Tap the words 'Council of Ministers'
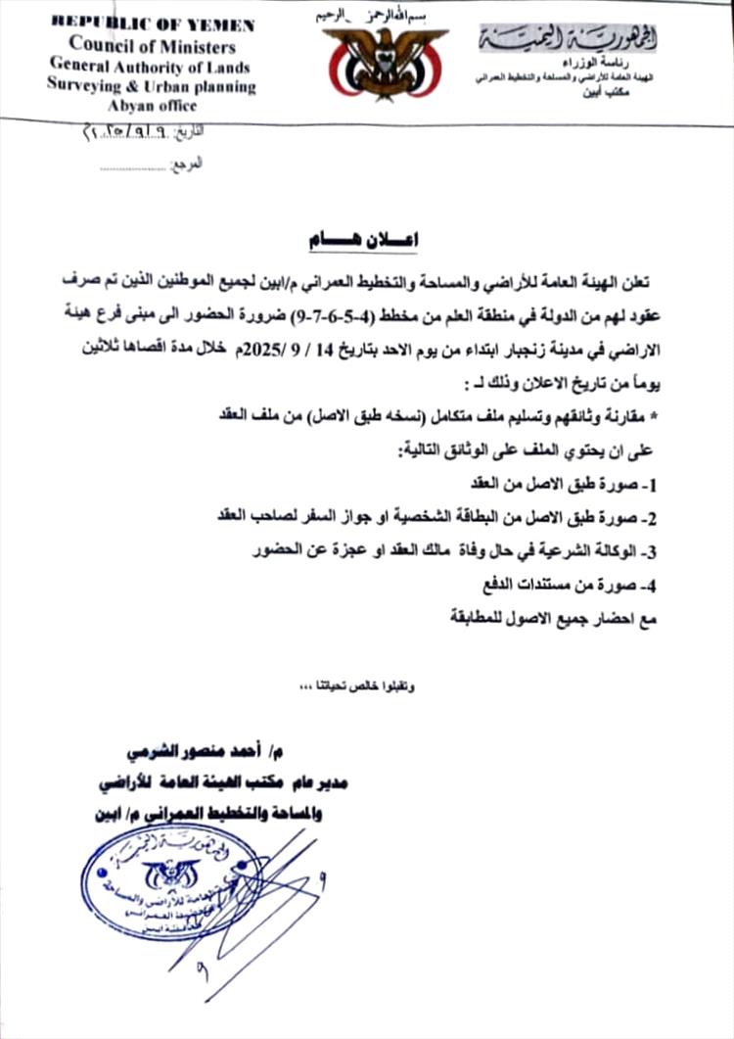pos(152,45)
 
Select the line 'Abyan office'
pos(152,105)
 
